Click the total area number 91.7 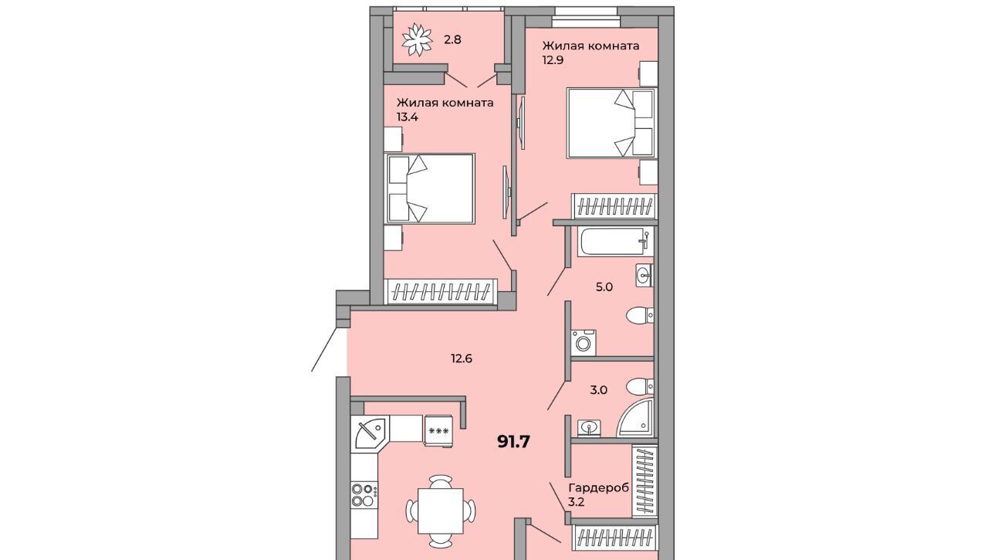point(513,441)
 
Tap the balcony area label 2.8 point(452,39)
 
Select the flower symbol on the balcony point(417,40)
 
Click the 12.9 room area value point(553,60)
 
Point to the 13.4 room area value point(407,117)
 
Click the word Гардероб point(598,487)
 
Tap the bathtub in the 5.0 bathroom point(615,242)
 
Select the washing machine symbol point(583,342)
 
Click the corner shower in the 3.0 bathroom point(635,419)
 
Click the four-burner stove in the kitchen point(364,495)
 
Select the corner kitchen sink point(370,431)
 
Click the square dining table point(441,511)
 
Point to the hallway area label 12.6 point(462,358)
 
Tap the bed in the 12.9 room point(612,123)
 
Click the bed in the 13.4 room point(430,188)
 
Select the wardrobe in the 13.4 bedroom point(440,292)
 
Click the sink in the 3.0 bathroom point(589,427)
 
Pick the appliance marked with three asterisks point(438,430)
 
